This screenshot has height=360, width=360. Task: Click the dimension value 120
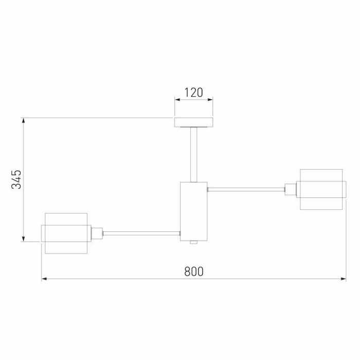click(193, 93)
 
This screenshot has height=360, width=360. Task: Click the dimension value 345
click(17, 179)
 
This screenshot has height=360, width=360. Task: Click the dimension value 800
click(194, 271)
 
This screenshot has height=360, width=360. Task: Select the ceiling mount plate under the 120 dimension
click(193, 122)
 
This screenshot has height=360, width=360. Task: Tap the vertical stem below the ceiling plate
click(193, 154)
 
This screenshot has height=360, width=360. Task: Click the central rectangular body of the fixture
click(193, 210)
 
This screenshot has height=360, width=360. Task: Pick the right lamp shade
click(321, 189)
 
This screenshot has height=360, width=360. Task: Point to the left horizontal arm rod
click(141, 233)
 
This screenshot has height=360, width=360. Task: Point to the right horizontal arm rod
click(246, 189)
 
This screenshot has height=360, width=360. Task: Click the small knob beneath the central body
click(193, 242)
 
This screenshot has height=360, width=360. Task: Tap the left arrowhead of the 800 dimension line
click(44, 279)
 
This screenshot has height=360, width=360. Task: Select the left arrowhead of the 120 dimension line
click(177, 100)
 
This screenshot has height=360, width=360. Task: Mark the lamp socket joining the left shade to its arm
click(97, 233)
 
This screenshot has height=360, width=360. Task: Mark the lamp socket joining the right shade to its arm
click(290, 189)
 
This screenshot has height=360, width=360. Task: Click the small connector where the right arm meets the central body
click(208, 189)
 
